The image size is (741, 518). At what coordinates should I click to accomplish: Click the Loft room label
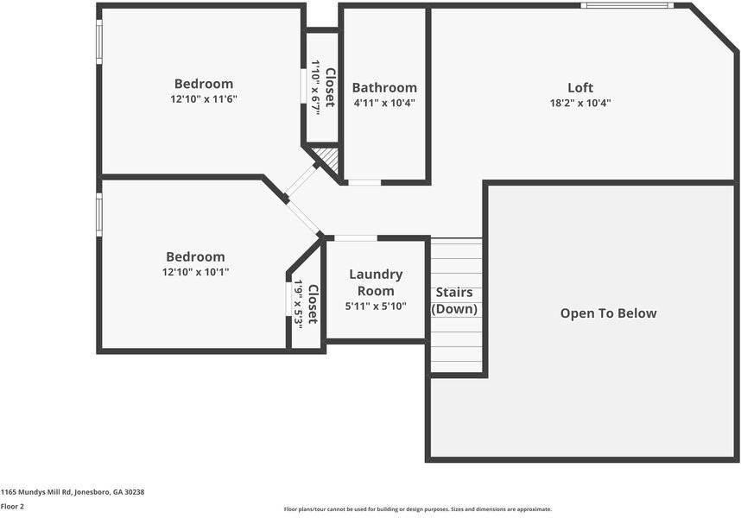click(x=580, y=87)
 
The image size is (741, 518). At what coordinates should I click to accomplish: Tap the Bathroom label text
click(x=384, y=87)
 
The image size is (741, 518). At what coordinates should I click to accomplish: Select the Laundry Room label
click(x=376, y=282)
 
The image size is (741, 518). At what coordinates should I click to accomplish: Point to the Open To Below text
click(x=608, y=313)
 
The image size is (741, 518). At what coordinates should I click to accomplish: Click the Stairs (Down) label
click(x=454, y=300)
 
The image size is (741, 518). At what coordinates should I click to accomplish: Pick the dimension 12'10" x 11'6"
click(x=204, y=99)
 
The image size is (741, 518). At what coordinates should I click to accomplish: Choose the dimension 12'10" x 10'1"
click(x=195, y=272)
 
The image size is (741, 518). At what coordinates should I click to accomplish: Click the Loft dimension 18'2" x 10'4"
click(x=580, y=103)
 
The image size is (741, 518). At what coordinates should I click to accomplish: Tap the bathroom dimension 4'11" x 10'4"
click(x=384, y=103)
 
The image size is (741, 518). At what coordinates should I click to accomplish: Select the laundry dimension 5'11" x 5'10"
click(x=376, y=306)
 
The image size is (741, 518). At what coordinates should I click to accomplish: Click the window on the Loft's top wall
click(x=627, y=5)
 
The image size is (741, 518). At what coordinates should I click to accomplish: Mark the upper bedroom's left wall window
click(x=99, y=41)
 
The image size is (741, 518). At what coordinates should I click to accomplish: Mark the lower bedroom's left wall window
click(x=99, y=215)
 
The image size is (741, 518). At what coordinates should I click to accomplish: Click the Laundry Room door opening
click(x=355, y=237)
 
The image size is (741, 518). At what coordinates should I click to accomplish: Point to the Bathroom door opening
click(x=364, y=182)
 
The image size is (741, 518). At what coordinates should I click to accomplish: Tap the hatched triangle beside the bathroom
click(x=327, y=157)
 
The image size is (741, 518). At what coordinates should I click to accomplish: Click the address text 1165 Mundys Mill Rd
click(x=73, y=492)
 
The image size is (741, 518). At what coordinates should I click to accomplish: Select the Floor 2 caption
click(x=12, y=506)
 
